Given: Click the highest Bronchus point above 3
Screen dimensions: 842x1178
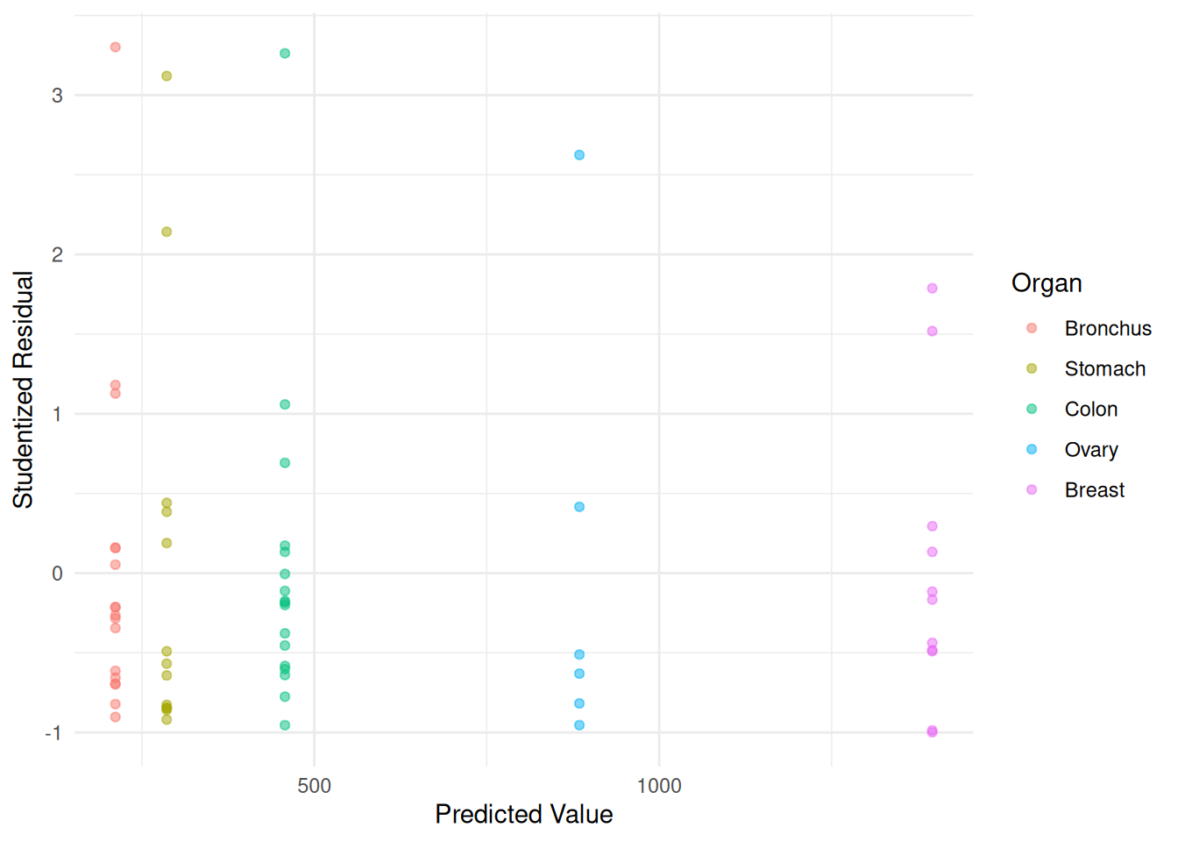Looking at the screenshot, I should (115, 47).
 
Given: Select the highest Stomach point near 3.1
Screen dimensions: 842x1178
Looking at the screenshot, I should (167, 76).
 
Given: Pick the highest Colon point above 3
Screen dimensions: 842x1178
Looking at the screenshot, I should (285, 54).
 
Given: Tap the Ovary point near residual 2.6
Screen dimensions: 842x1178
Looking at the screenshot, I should (579, 155).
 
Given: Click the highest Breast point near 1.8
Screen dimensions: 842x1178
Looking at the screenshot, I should (933, 289).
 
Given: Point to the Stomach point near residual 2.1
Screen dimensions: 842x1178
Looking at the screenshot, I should (167, 232).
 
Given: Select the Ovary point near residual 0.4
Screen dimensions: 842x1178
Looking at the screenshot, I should (579, 507).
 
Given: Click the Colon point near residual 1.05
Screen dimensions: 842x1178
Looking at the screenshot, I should (285, 404).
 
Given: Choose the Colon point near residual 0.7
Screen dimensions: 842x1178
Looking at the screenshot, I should (285, 463).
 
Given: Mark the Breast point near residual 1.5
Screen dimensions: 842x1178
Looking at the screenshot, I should (933, 332).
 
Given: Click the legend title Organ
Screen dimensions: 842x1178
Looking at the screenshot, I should (1047, 283).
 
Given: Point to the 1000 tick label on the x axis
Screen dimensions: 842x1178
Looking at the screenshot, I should (659, 786).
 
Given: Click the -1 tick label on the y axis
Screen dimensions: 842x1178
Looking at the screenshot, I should (53, 733).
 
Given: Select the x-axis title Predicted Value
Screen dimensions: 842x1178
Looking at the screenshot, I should (523, 815).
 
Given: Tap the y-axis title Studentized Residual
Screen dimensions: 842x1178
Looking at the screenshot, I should (23, 389).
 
